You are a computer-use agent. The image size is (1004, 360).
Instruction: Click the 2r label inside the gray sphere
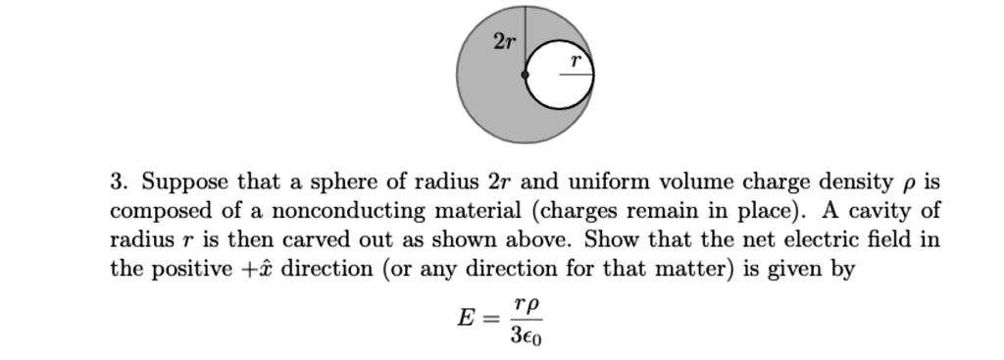pos(503,41)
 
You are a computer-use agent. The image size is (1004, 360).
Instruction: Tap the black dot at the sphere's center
pos(526,75)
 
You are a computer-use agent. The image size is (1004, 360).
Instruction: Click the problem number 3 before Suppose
pos(117,182)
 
